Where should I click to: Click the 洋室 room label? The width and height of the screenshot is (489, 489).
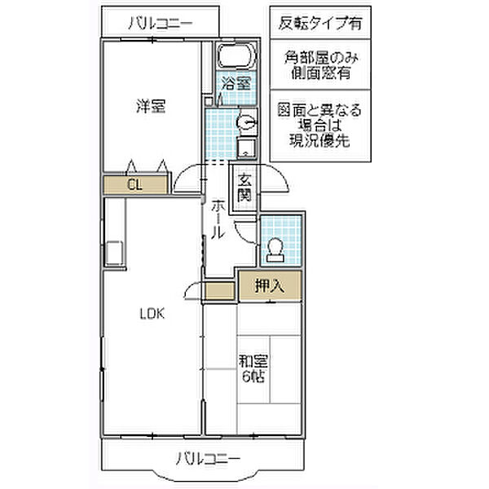[x=150, y=106]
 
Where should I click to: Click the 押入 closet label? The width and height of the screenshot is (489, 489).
[x=269, y=286]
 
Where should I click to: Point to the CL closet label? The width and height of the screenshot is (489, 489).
[x=134, y=185]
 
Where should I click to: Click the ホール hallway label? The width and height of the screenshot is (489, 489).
[x=218, y=220]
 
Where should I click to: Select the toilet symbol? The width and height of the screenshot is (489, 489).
[x=275, y=248]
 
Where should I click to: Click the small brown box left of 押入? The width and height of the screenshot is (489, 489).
[x=219, y=288]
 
